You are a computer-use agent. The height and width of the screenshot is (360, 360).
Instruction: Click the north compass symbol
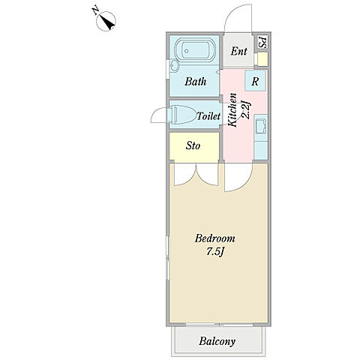pos(106,22)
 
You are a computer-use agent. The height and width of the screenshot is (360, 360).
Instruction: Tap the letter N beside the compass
pos(95,11)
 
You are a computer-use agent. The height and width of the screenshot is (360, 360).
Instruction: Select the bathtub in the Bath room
pos(195,50)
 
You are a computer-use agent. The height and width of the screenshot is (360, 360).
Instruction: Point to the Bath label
pos(196,82)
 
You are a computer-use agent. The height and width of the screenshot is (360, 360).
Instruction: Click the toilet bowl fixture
pos(181,115)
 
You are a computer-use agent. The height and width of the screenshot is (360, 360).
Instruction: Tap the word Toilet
pos(208,116)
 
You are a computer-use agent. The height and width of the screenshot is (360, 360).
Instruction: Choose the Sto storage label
pos(193,145)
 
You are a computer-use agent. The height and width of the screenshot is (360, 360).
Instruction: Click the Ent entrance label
pos(238,52)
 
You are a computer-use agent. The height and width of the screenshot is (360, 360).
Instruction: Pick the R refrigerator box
pos(255,81)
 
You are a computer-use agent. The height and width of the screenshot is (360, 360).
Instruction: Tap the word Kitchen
pos(232,109)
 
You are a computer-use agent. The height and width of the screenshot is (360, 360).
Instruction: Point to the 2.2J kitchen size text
pos(245,109)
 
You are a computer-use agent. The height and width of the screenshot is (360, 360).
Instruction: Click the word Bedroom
pos(214,238)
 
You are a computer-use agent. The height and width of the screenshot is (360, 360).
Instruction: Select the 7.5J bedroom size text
pos(214,252)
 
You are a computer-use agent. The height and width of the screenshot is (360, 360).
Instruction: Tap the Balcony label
pos(217,341)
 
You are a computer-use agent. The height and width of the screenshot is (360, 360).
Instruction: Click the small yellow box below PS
pos(262,59)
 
